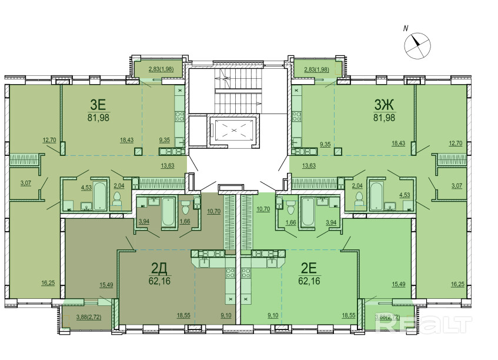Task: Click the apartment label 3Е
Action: (x=98, y=105)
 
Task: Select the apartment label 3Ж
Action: (x=384, y=105)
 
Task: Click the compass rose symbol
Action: (x=417, y=46)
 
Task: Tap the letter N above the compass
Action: (x=406, y=29)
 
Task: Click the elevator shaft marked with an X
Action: (x=234, y=130)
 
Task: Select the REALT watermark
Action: (x=423, y=325)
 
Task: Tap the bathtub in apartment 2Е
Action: (x=307, y=211)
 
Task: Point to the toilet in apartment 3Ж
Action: (x=359, y=199)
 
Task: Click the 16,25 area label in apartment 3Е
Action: (x=48, y=283)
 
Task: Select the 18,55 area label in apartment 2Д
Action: (x=183, y=315)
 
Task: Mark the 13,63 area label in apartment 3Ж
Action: (x=309, y=165)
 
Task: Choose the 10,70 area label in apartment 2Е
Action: (x=263, y=209)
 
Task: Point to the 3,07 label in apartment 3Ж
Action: (x=456, y=185)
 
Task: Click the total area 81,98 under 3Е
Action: (x=98, y=118)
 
